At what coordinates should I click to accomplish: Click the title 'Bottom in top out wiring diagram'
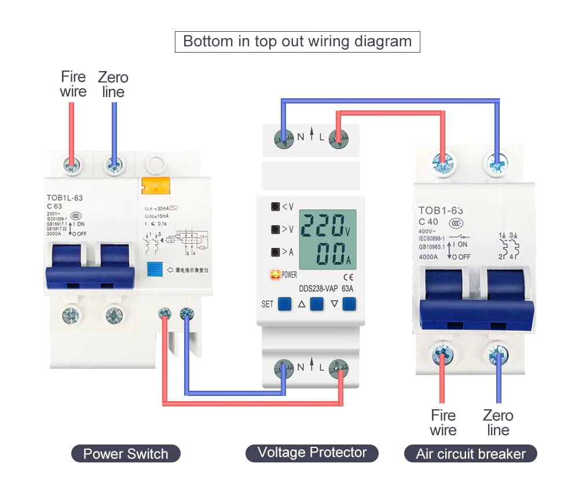tap(297, 42)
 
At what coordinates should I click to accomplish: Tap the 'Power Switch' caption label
tap(126, 454)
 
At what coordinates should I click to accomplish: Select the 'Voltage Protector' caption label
tap(312, 453)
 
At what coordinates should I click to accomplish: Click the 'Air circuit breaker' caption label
tap(470, 454)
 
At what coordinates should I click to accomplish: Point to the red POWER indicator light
tap(275, 275)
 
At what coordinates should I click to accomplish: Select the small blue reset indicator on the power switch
tap(154, 269)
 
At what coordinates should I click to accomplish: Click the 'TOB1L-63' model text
tap(64, 198)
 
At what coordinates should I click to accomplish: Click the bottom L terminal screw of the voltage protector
tap(338, 367)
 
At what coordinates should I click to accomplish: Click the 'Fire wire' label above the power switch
tap(73, 84)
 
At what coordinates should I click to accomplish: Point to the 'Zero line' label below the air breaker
tap(498, 423)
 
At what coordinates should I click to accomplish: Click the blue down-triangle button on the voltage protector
tap(349, 303)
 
